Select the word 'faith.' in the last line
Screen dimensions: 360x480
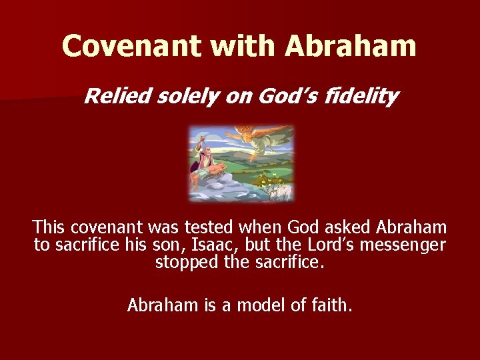tap(332, 305)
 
